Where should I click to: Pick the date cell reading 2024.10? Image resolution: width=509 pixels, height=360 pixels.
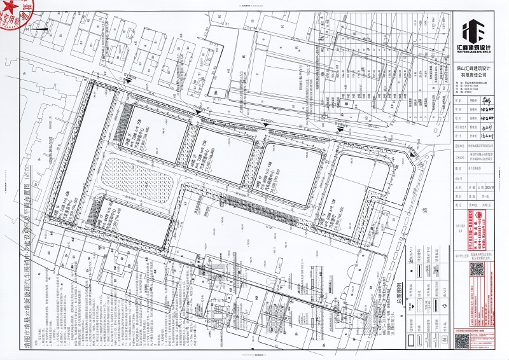pos(490,188)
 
